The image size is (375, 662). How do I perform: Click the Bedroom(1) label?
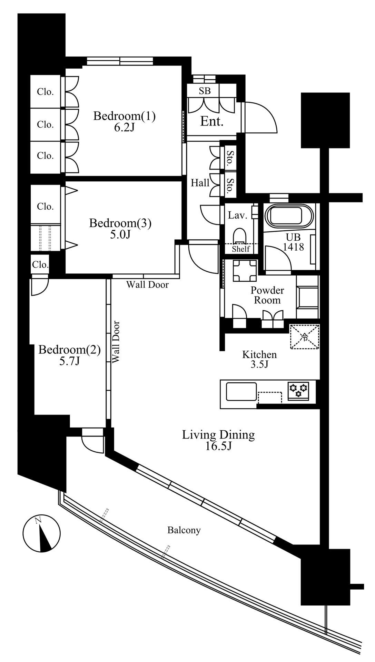[124, 116]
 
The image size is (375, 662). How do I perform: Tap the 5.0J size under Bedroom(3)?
[120, 234]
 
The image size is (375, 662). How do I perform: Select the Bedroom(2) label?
[69, 350]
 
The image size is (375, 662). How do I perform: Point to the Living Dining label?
[218, 435]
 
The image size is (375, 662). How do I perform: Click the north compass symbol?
[41, 533]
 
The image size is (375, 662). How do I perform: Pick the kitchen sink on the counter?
[241, 392]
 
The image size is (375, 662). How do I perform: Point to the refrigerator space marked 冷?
[304, 337]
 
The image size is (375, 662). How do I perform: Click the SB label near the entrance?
[205, 91]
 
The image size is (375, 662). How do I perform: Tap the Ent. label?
[212, 121]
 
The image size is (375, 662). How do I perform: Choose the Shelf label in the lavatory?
[241, 249]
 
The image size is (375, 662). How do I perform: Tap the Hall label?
[200, 183]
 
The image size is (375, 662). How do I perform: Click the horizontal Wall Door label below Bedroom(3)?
[147, 285]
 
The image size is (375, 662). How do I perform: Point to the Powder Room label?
[267, 295]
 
